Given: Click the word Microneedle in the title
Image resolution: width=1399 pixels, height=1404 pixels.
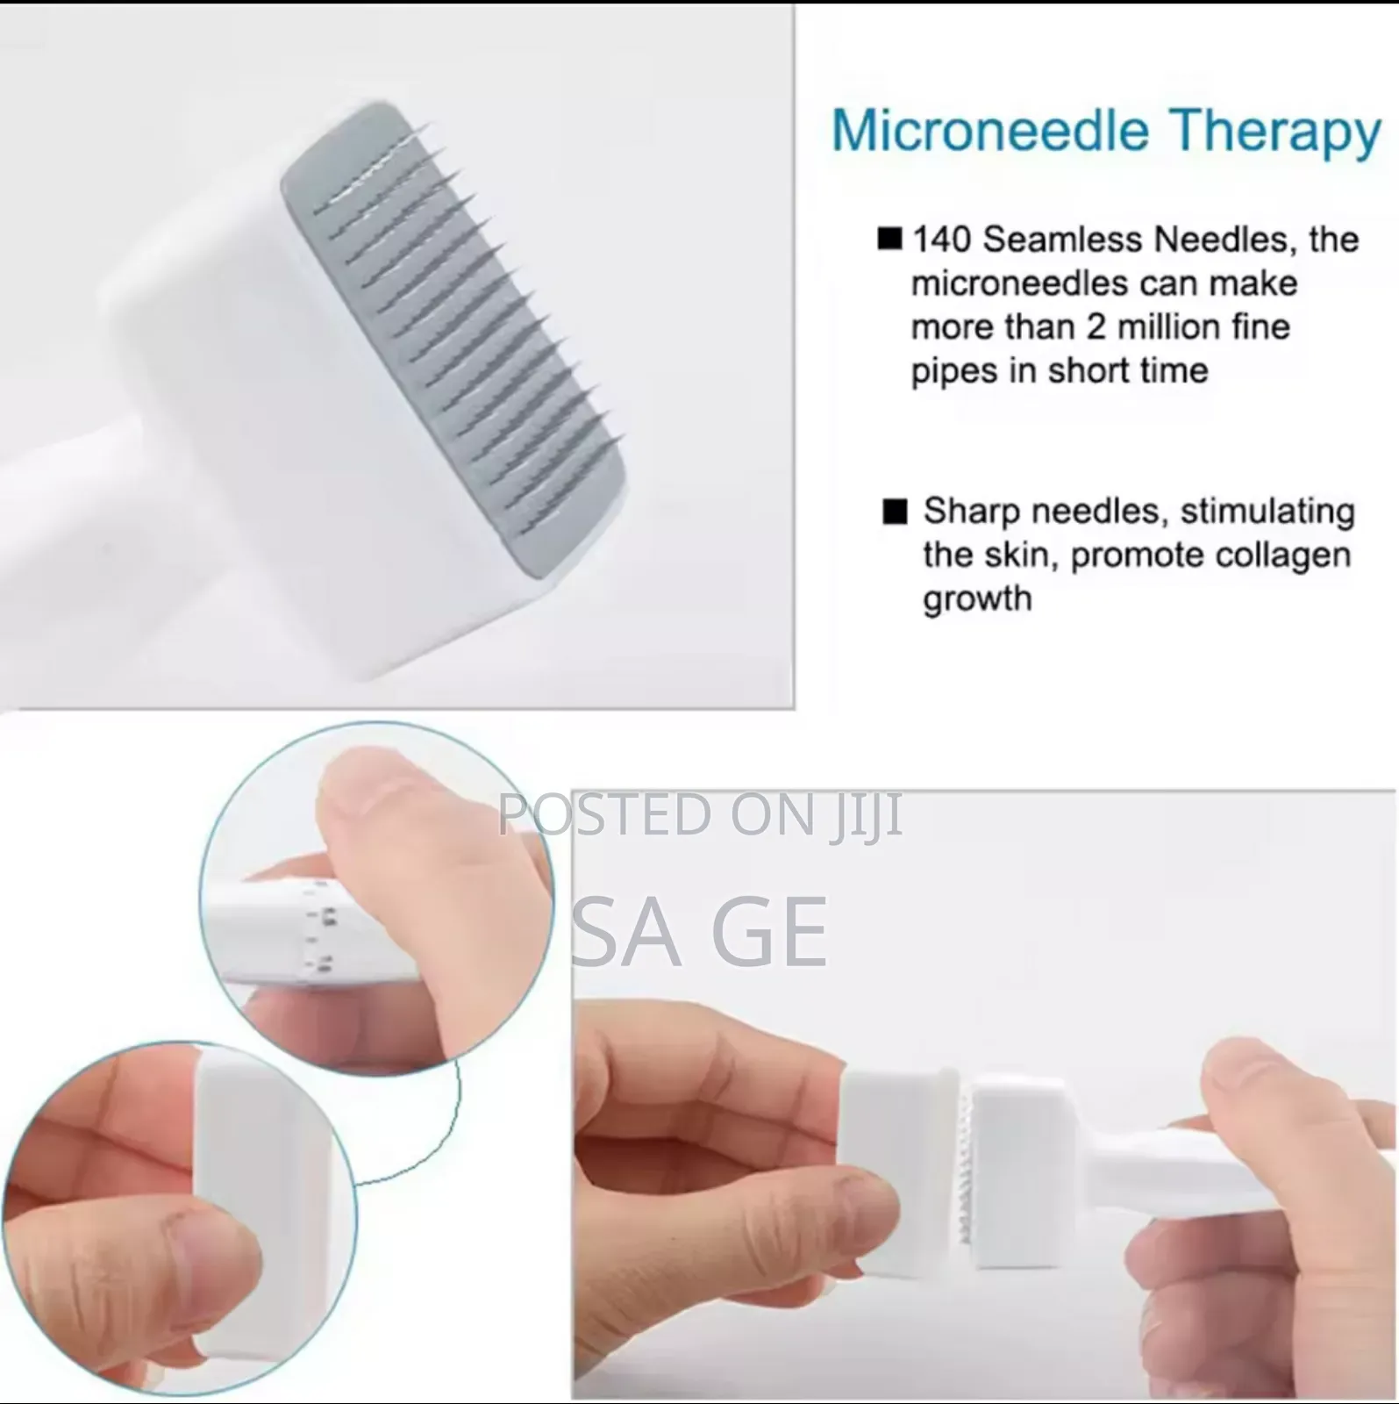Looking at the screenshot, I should [989, 132].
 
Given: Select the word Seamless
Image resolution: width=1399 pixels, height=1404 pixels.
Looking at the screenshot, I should [1060, 240].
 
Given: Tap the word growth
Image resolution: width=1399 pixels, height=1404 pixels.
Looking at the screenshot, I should [976, 599].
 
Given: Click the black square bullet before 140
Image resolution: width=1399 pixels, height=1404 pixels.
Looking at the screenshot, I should [889, 239].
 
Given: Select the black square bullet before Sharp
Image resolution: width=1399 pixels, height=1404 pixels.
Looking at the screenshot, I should [895, 511].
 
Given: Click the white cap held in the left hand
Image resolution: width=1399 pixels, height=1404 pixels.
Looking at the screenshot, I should [895, 1167].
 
